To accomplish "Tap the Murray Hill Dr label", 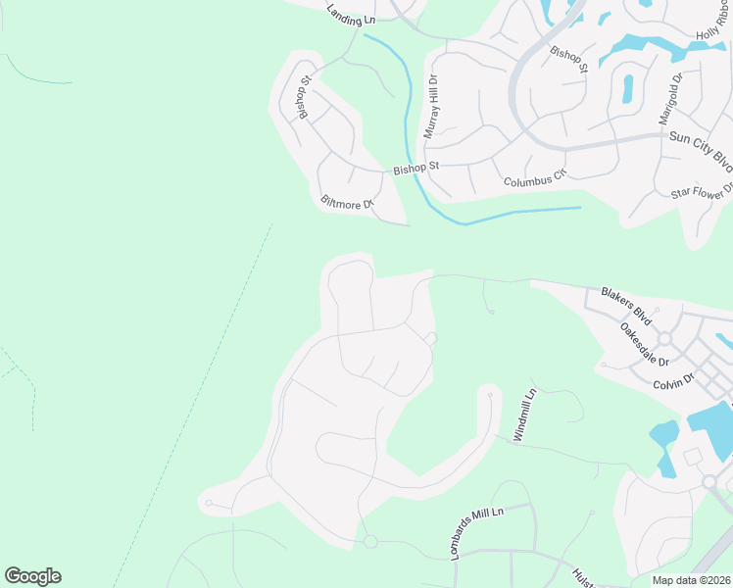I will [431, 107].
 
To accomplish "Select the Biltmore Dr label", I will [348, 204].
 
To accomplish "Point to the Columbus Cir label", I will [536, 178].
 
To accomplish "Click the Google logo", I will [32, 576].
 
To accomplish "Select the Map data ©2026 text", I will [691, 580].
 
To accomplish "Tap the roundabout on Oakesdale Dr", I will [663, 338].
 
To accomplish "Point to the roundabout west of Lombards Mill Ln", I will [370, 542].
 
